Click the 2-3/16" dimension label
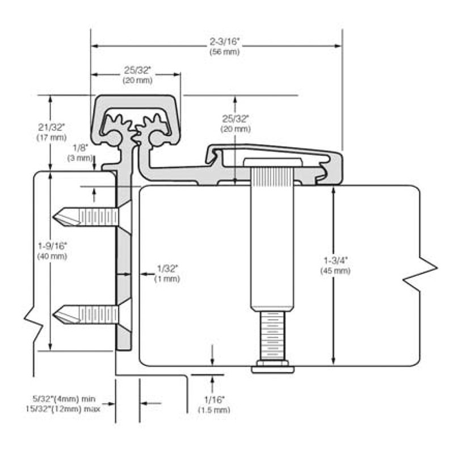point(225,41)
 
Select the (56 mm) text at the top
point(225,52)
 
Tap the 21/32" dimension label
point(52,127)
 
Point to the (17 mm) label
point(52,137)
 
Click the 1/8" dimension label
point(80,148)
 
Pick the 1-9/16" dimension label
point(52,246)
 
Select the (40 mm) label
point(52,257)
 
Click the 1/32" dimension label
point(167,268)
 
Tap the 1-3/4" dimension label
point(335,260)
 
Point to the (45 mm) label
point(335,271)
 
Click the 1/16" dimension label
point(215,400)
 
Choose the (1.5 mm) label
point(215,410)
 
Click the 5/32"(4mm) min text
point(64,399)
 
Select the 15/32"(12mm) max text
point(63,409)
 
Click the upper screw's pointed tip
point(53,217)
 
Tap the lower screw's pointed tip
point(53,314)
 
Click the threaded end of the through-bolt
point(272,335)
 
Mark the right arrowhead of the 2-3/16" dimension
point(338,46)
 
